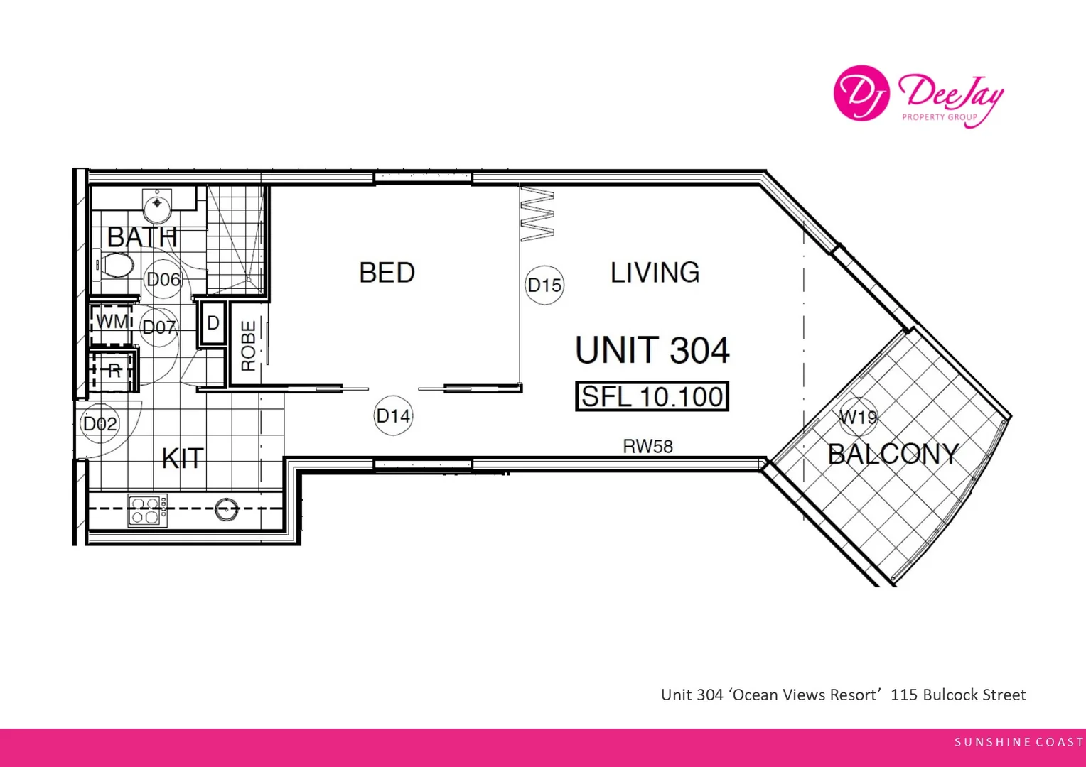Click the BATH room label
coord(142,237)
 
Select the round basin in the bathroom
coord(156,207)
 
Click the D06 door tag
coord(163,280)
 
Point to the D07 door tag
coord(158,327)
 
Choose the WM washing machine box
coord(112,322)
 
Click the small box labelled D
coord(213,324)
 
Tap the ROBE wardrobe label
coord(248,346)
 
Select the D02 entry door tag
coord(100,424)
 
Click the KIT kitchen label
coord(183,459)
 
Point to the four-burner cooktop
coord(147,511)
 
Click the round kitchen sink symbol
coord(227,508)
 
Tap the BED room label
coord(387,273)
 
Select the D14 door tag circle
coord(393,416)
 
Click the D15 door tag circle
coord(544,285)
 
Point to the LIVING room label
coord(655,273)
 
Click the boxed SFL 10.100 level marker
coord(652,397)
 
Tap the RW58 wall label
coord(647,447)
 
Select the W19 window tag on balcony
coord(858,418)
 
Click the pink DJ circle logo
coord(861,93)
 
